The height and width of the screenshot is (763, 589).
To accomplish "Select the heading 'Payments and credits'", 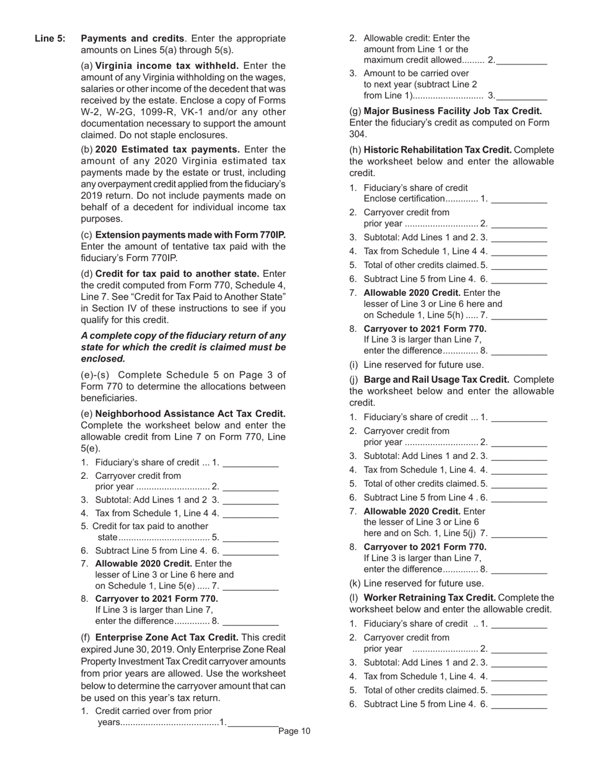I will coord(133,38).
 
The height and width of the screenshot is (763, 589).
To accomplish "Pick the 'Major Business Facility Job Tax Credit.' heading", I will coord(453,111).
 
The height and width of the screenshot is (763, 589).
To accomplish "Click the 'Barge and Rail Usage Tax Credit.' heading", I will coord(436,380).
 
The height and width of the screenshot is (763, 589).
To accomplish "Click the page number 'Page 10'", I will coord(294,731).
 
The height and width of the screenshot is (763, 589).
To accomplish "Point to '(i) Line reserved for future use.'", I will coord(417,365).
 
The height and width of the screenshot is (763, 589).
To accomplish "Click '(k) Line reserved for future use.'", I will coord(417,583).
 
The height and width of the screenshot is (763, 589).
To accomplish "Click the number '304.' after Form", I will coord(358,134).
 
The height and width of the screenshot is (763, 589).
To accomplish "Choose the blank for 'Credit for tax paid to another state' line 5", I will coord(250,537).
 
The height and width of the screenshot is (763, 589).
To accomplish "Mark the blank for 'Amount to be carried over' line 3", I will coord(521,96).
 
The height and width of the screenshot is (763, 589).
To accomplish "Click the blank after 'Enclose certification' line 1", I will coord(519,199).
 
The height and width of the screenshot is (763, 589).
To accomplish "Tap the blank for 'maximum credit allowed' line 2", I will coord(521,60).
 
